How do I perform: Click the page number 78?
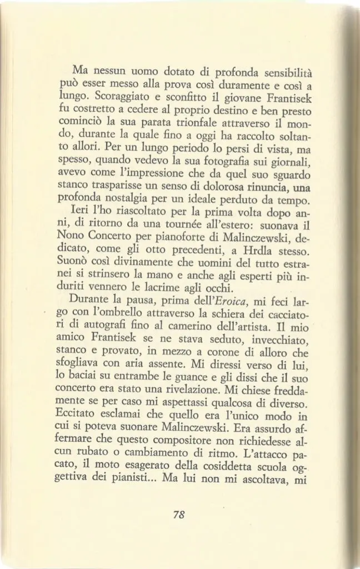[178, 515]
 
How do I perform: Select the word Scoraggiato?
[116, 98]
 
